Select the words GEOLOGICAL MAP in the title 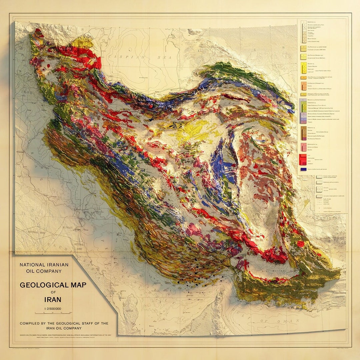[x=53, y=285]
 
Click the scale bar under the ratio [x=53, y=313]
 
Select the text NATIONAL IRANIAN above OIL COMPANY [x=44, y=265]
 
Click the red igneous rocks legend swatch [x=303, y=159]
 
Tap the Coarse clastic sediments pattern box [x=319, y=177]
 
